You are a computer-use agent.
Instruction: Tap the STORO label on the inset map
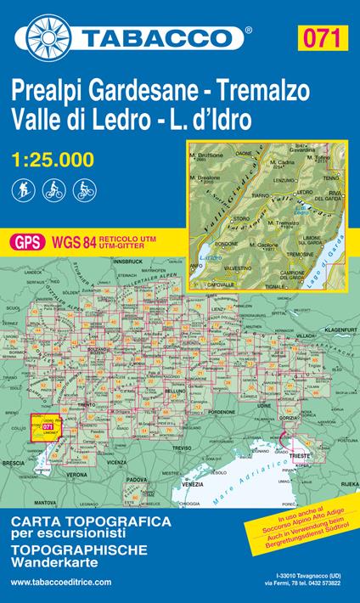pos(217,217)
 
